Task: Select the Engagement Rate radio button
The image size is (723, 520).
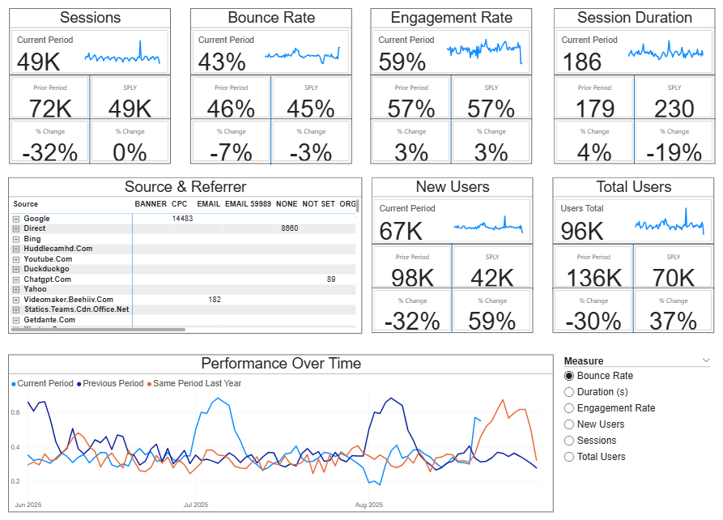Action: coord(569,408)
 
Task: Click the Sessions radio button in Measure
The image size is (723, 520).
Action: coord(569,441)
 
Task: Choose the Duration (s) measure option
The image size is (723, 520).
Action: coord(569,392)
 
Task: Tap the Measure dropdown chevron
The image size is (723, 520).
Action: coord(706,360)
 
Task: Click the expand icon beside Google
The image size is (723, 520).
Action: coord(16,219)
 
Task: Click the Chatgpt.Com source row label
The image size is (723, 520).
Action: coord(48,279)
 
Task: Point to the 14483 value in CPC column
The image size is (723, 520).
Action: coord(182,219)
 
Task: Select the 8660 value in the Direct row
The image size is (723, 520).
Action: coord(290,229)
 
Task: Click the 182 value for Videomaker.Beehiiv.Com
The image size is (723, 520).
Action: coord(215,300)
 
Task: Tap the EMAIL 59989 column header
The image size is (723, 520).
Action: coord(247,204)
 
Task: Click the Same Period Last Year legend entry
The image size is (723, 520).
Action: coord(197,383)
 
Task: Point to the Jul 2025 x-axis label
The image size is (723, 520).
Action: coord(196,505)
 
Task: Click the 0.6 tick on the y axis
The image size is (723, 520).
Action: coord(16,413)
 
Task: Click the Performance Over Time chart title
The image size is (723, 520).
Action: coord(281,364)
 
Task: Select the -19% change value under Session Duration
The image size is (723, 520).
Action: coord(674,151)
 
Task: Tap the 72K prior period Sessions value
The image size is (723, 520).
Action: coord(50,108)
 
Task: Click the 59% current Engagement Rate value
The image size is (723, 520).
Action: coord(402,62)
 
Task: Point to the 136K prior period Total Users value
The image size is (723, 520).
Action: coord(593,277)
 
